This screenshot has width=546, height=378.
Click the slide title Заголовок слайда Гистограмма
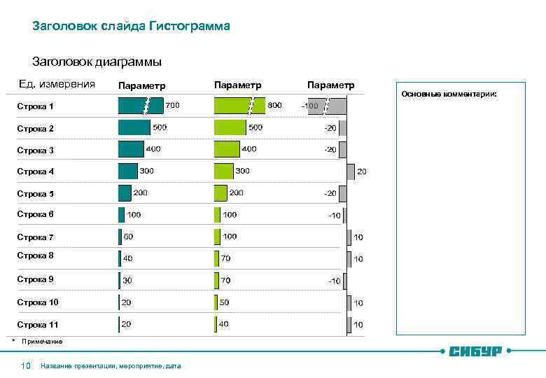point(131,27)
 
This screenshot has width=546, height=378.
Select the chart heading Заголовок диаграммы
point(97,62)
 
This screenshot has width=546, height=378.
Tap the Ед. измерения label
point(57,85)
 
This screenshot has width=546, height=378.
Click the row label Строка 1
point(35,106)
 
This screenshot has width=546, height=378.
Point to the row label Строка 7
point(35,237)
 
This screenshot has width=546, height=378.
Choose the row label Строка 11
point(37,325)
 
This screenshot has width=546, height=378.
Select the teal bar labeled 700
point(140,106)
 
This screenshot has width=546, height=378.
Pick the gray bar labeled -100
point(327,106)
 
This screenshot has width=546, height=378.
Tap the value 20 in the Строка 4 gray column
point(362,171)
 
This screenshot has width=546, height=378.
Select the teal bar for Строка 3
point(131,149)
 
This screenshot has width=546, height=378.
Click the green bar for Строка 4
point(224,171)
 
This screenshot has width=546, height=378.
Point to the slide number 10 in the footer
point(26,365)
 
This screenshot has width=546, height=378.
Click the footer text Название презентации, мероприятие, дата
point(111,366)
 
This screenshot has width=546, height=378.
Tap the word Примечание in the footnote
point(42,342)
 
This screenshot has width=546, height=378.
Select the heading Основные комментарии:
point(449,93)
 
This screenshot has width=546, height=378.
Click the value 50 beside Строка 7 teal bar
point(128,237)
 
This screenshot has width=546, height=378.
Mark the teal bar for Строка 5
point(125,193)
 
